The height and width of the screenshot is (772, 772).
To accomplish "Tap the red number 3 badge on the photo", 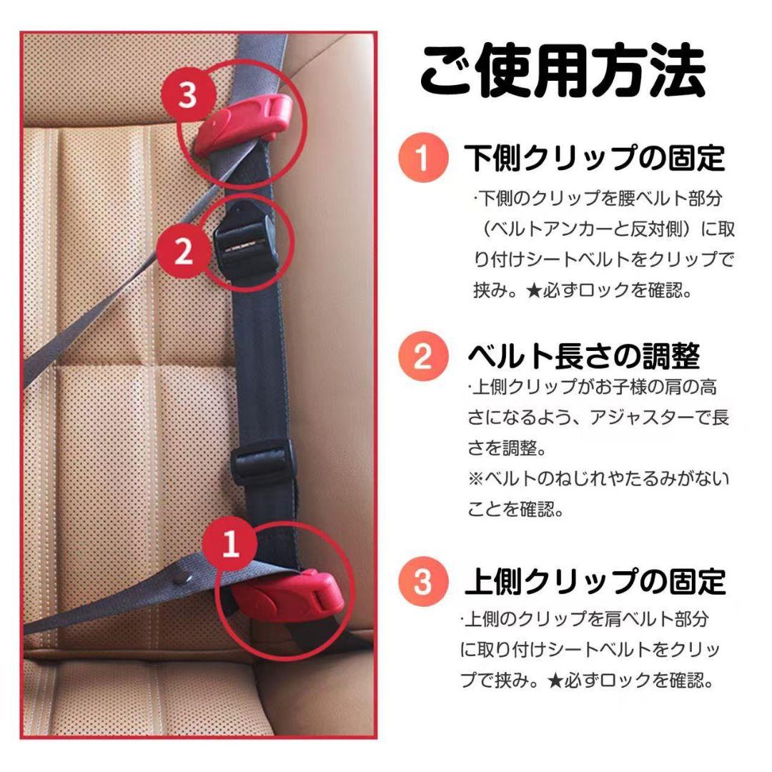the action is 187,94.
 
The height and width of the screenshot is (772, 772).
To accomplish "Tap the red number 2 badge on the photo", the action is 184,252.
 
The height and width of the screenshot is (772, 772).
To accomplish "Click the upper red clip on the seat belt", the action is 242,123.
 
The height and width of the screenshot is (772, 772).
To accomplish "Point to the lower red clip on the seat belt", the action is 287,595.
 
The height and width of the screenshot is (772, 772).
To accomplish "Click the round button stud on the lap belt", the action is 183,575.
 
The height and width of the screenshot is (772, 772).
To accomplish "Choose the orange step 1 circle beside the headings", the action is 423,157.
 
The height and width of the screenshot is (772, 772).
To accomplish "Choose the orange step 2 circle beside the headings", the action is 423,356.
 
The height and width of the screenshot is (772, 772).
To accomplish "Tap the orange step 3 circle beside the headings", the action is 423,581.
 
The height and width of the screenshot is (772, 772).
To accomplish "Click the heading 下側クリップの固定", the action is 595,158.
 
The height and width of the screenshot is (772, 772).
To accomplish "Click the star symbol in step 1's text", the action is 534,291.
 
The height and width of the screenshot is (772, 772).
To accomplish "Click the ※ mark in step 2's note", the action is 475,478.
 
